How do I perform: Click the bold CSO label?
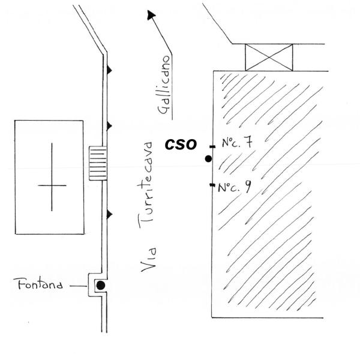click(x=181, y=145)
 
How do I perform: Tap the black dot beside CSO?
click(x=208, y=158)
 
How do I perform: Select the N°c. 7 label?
click(x=238, y=142)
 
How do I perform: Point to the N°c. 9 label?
click(x=235, y=187)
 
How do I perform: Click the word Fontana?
click(x=38, y=284)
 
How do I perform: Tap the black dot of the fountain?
click(x=101, y=286)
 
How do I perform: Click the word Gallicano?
click(x=164, y=85)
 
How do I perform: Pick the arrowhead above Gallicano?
click(x=151, y=14)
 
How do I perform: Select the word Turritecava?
click(x=146, y=185)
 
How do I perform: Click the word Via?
click(x=149, y=259)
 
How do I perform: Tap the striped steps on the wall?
click(x=98, y=163)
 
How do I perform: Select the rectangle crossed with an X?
click(x=269, y=58)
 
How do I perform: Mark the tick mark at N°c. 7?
click(x=212, y=146)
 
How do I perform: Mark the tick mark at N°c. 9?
click(x=212, y=185)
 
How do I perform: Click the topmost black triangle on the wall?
click(x=109, y=70)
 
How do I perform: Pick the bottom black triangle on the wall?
click(x=109, y=214)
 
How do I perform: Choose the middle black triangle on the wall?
click(x=109, y=126)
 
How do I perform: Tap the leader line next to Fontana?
click(x=78, y=286)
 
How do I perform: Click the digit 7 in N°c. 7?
click(x=248, y=142)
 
